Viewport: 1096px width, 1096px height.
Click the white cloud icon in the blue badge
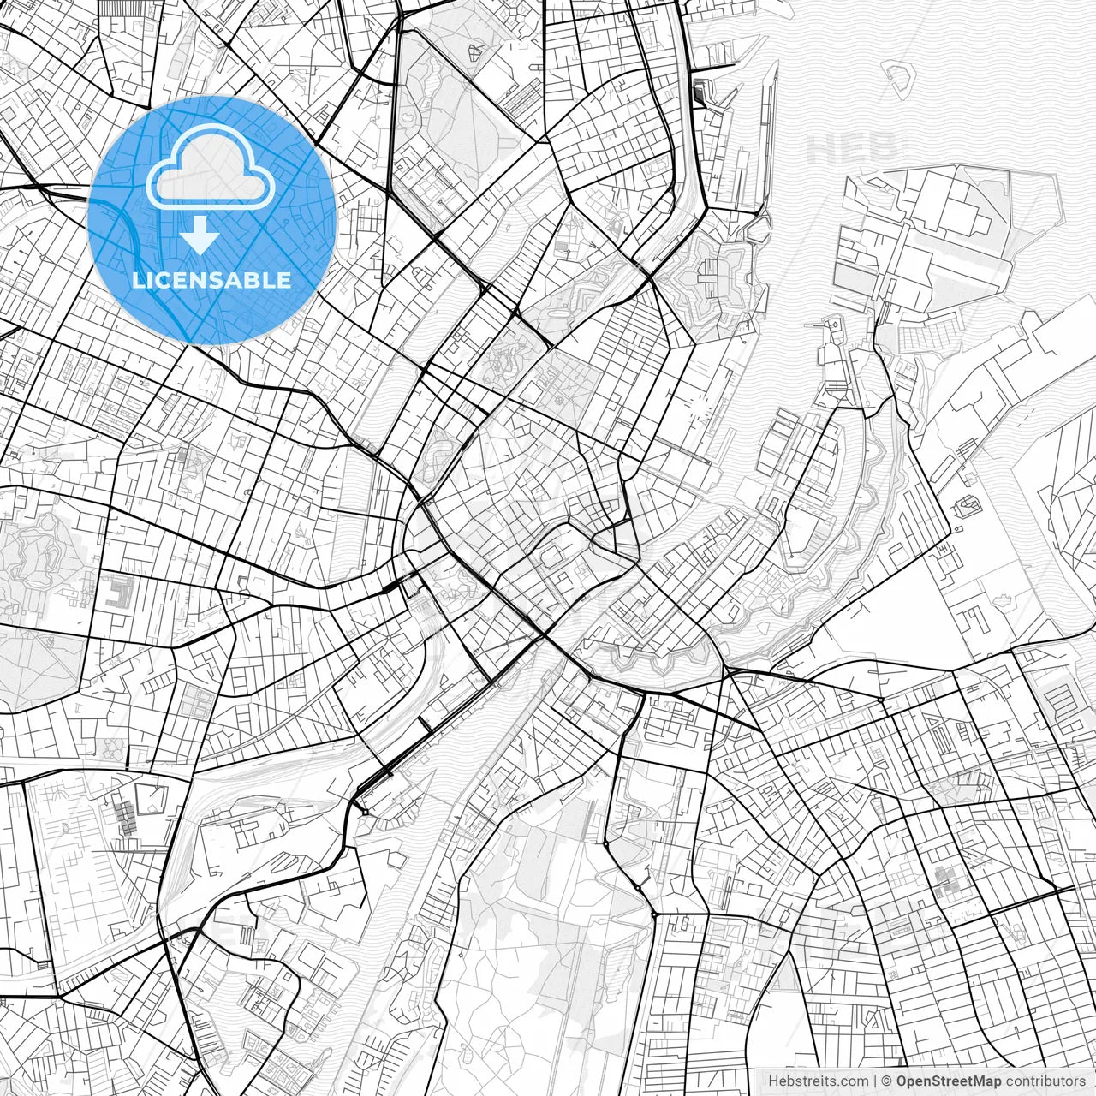tap(211, 171)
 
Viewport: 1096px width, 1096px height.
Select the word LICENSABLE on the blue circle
tap(211, 280)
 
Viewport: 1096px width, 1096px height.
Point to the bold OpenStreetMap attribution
tap(949, 1081)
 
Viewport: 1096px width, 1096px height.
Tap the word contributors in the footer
tap(1045, 1081)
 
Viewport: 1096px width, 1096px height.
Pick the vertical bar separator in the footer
tap(874, 1081)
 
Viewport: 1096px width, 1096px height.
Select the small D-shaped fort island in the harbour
tap(898, 79)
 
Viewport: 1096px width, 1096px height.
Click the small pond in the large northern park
tap(409, 116)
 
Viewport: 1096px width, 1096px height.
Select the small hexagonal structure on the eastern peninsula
tap(969, 507)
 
